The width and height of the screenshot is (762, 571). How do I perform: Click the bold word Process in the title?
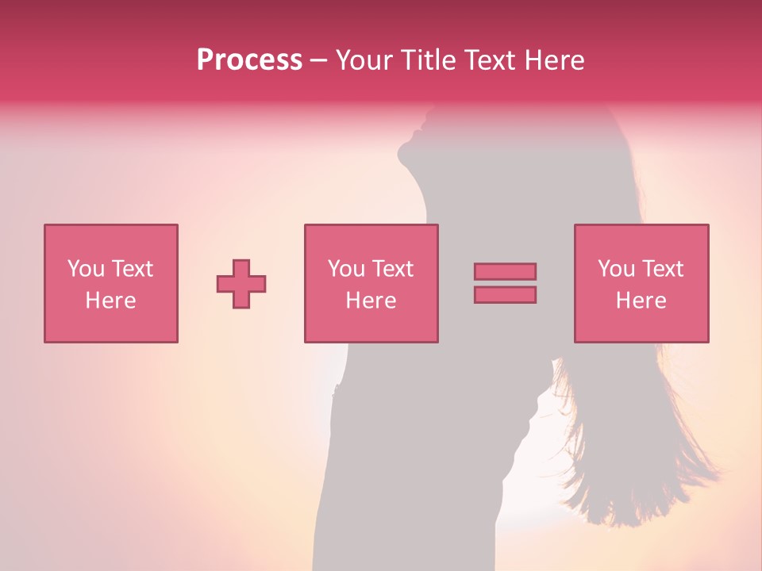249,60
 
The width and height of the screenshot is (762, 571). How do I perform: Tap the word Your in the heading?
365,60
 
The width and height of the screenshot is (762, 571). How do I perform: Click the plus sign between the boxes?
241,284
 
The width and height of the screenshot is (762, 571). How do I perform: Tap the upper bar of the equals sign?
505,271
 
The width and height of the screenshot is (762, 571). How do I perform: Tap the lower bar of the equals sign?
505,295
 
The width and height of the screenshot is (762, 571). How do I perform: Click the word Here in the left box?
110,301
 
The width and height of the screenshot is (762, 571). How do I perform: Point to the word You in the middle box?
346,269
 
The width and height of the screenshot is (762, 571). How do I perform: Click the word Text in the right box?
662,269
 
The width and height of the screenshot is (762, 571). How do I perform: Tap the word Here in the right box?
641,301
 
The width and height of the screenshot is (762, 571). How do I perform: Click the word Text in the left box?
132,269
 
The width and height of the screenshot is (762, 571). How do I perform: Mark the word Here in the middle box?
371,301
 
